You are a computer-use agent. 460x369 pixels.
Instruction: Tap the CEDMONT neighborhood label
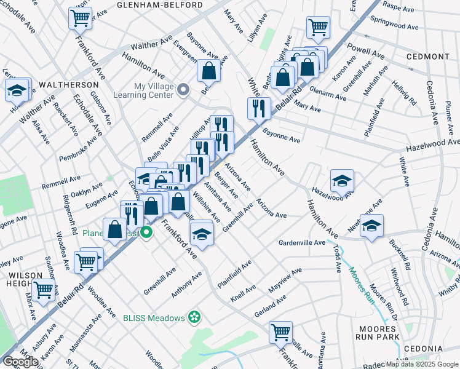427,57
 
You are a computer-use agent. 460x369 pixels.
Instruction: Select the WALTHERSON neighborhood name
69,84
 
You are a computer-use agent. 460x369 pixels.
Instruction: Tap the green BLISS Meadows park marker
194,317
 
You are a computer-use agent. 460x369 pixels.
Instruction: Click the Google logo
20,362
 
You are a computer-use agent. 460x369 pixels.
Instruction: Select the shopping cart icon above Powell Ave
318,26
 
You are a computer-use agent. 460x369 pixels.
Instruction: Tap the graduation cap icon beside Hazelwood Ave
342,180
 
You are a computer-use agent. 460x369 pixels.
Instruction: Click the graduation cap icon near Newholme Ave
371,225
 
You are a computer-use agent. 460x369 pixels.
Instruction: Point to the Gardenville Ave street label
301,243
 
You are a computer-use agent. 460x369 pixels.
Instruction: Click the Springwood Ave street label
402,26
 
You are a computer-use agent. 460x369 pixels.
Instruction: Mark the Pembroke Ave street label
78,149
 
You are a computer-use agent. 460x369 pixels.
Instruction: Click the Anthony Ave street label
186,286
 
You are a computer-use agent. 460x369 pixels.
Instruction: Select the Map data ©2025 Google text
421,364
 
